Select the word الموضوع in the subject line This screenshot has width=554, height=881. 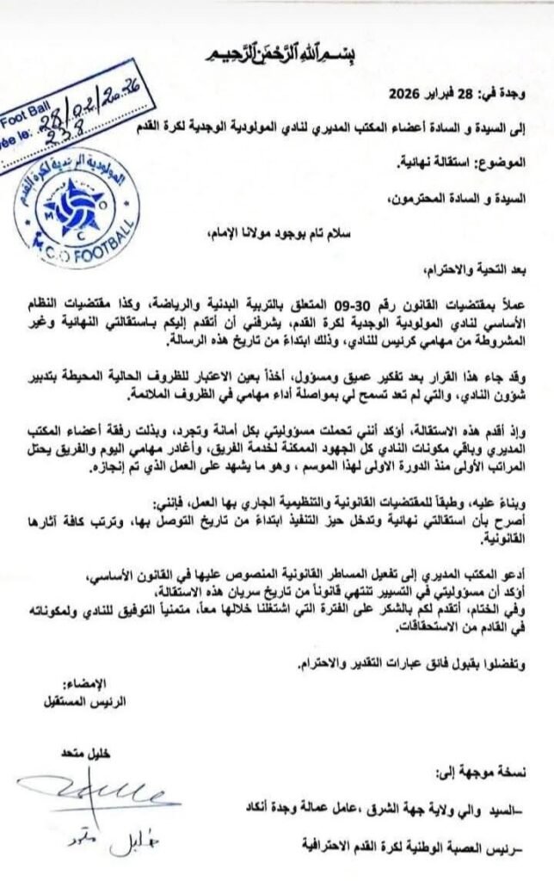tap(506, 162)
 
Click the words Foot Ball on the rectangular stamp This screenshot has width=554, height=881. tap(19, 116)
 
